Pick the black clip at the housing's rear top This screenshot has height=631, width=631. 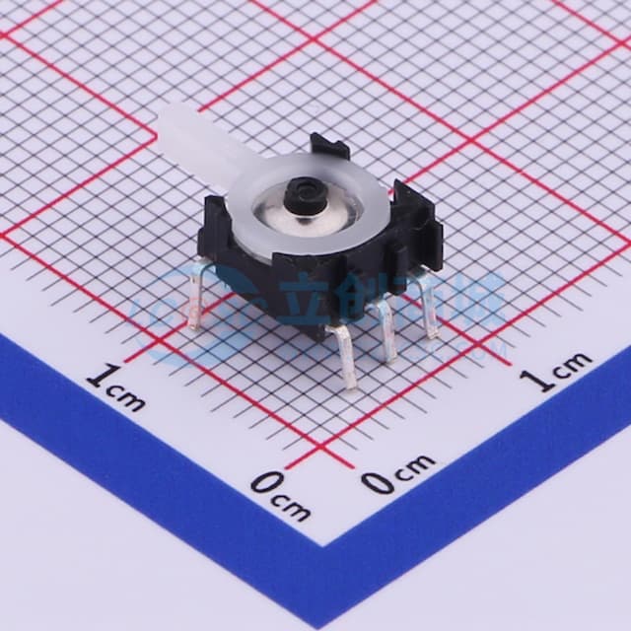point(329,149)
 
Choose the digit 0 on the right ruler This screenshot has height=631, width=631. point(378,482)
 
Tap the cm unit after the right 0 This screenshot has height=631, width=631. point(415,463)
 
